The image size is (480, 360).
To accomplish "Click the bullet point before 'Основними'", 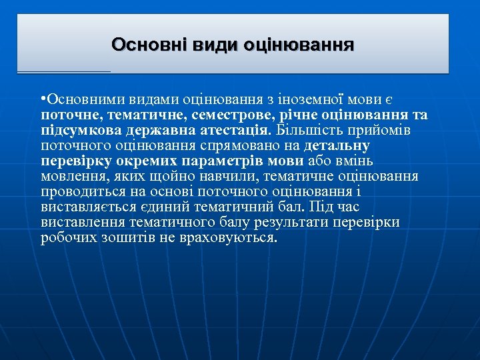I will [x=42, y=100].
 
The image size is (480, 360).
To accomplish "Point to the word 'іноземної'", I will [x=307, y=100].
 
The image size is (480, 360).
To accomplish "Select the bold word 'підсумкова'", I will [x=76, y=130].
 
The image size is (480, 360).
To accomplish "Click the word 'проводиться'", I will [x=79, y=191].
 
